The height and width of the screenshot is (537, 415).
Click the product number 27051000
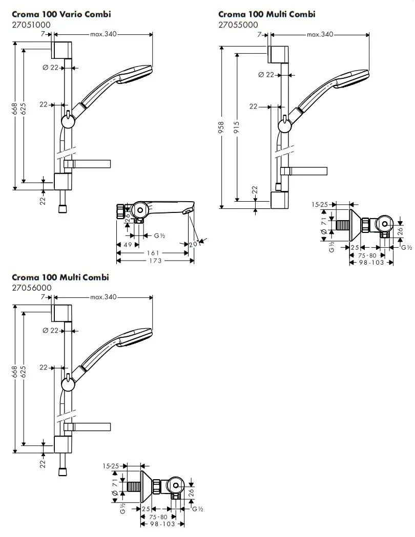click(31, 25)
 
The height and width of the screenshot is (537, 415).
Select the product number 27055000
click(238, 25)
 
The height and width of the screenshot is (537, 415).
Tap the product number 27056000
click(31, 288)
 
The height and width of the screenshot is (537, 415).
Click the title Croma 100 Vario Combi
click(61, 14)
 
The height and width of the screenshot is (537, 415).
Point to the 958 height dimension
click(221, 126)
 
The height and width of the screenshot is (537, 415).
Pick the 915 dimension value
click(236, 126)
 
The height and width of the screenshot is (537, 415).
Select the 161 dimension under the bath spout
click(151, 253)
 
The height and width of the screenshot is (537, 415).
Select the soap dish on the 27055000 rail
click(304, 171)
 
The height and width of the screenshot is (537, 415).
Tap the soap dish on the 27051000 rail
click(88, 164)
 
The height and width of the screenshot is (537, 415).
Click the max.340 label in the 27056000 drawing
click(103, 297)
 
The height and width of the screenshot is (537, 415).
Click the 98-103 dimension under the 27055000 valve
click(370, 262)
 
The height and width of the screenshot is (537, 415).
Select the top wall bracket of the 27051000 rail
click(62, 50)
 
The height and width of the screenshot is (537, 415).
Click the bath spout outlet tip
click(188, 210)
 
